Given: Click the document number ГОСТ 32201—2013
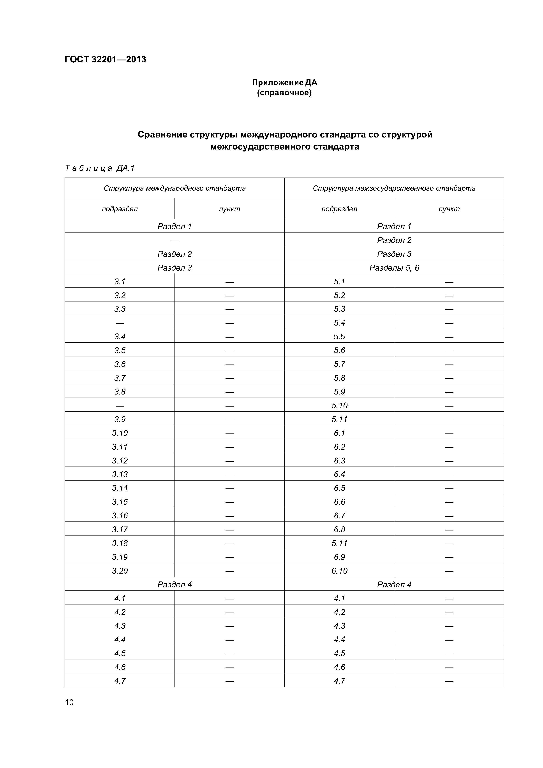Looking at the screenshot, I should click(105, 60).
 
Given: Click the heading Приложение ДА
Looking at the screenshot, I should click(284, 82).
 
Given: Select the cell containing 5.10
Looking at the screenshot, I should click(339, 405).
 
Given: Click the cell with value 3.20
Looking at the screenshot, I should click(120, 571).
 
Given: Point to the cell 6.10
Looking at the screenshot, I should click(339, 571).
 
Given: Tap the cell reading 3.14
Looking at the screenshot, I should click(120, 488).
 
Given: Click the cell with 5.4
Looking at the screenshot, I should click(339, 323).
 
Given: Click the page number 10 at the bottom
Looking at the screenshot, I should click(69, 702).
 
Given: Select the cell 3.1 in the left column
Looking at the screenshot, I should click(120, 282).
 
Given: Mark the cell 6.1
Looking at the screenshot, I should click(339, 433).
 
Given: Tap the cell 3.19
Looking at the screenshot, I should click(120, 557).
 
